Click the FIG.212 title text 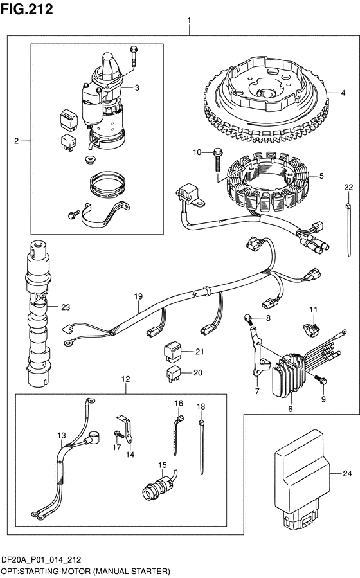26,9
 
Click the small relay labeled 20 173,373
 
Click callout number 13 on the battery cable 61,435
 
